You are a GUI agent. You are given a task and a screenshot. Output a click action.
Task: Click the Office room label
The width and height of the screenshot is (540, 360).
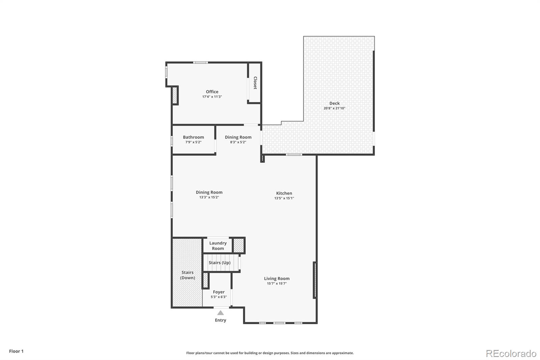pos(212,92)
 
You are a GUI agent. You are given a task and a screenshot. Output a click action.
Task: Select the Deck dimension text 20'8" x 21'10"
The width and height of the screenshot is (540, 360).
pos(334,108)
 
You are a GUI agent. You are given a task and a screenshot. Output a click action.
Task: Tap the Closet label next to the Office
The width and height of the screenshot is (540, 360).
pos(255,83)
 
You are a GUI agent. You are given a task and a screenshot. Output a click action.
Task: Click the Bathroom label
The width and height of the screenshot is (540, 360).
pos(193,137)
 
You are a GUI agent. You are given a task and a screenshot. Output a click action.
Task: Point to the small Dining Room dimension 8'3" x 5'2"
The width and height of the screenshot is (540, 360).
pos(238,142)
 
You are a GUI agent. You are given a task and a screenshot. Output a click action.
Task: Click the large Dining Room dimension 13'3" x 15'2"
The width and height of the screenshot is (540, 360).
pos(209,197)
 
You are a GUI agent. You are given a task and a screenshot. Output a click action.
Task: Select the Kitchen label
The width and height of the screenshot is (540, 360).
pos(284,193)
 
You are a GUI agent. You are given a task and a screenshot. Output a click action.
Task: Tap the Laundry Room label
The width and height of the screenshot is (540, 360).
pos(218,246)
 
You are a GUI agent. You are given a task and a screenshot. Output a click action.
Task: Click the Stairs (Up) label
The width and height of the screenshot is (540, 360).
pos(219,262)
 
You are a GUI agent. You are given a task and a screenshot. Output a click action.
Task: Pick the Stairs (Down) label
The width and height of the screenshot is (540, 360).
pos(187,275)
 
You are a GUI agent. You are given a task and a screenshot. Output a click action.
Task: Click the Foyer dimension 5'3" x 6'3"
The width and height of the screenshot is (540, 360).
pos(219,297)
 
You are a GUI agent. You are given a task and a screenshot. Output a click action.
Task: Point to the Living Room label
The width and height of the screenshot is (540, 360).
pos(276,278)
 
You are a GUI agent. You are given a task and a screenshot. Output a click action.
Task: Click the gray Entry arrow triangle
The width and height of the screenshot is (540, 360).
pos(220,313)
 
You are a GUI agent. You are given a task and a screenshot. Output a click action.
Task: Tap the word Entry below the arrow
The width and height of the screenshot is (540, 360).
pos(220,320)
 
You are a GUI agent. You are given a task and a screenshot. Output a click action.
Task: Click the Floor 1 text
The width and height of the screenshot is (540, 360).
pos(16,351)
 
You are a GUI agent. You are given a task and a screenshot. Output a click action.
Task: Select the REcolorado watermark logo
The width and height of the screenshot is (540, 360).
pos(511,354)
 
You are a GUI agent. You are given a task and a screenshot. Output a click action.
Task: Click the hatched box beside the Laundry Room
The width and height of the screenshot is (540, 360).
pos(239,245)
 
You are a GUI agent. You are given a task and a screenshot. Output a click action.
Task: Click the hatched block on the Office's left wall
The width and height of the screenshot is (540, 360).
pos(175,95)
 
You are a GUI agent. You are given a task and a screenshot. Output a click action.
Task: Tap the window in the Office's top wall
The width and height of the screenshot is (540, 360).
pos(200,62)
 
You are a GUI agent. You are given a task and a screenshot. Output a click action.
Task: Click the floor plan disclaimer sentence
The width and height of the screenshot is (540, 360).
pos(270,353)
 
